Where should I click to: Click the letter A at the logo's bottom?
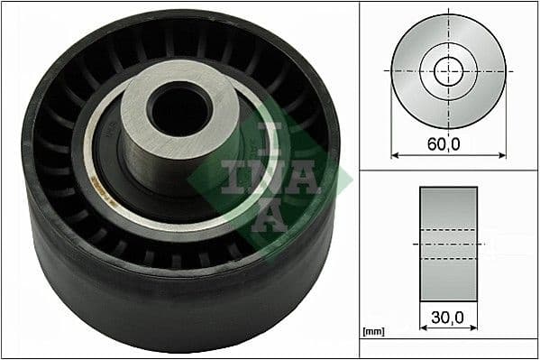tap(270, 215)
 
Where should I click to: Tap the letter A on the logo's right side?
tap(307, 176)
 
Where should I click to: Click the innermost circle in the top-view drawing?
tap(448, 70)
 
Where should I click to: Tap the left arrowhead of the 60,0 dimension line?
tap(395, 155)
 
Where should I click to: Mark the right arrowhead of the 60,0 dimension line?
tap(501, 155)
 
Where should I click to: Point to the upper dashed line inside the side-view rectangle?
tap(448, 232)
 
